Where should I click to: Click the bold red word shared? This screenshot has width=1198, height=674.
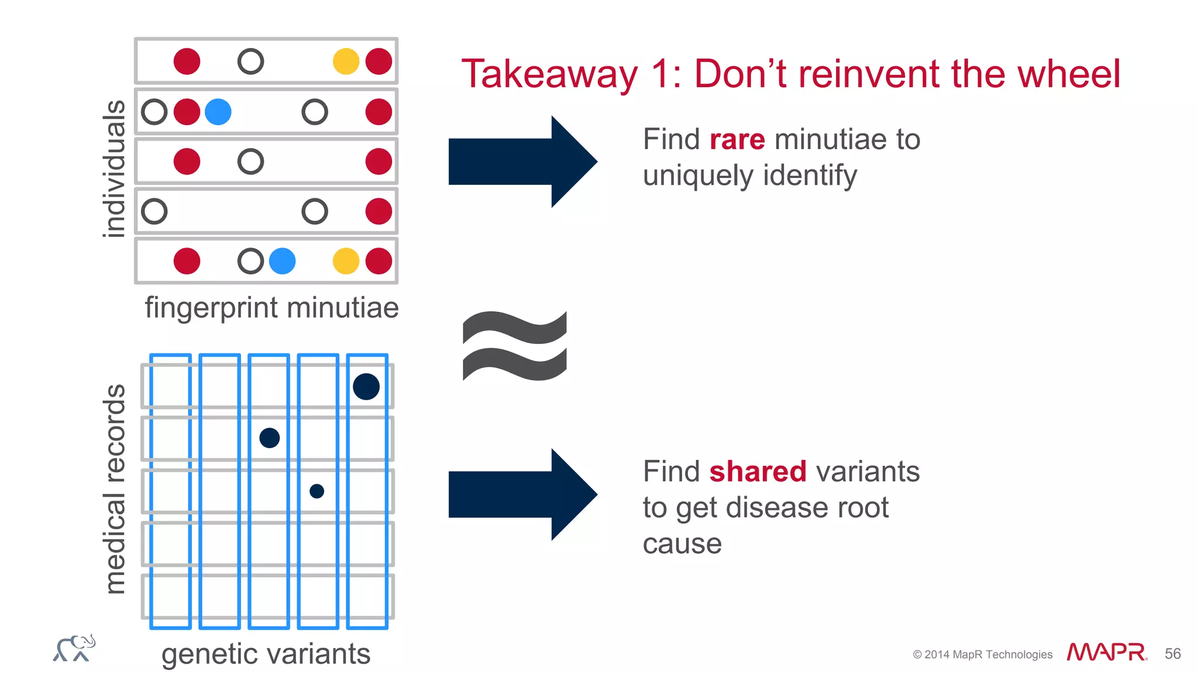pos(758,472)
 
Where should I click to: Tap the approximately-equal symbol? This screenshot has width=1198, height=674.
pos(514,346)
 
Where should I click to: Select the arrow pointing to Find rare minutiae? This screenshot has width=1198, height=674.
pos(522,161)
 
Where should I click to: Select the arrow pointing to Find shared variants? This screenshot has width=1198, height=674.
pos(522,494)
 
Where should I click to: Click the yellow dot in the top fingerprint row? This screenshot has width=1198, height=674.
pos(346,61)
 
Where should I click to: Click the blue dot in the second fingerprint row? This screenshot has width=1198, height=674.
pos(218,112)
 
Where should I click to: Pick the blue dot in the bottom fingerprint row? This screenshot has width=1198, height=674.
pos(283,261)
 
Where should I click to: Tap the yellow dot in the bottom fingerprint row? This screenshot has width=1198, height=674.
pos(346,261)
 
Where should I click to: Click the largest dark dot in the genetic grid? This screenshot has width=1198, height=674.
pos(366,387)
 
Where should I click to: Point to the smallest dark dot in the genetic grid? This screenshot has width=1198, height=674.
pos(316,491)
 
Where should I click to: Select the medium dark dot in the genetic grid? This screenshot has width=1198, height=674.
pos(270,438)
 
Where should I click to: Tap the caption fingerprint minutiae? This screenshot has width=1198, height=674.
pos(271,308)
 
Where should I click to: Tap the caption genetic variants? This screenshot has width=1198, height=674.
pos(266,654)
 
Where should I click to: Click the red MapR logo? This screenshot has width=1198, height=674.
pos(1106,652)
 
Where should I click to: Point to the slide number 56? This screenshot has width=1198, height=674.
pos(1172,654)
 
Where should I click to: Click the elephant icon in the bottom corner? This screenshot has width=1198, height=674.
pos(74,648)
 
